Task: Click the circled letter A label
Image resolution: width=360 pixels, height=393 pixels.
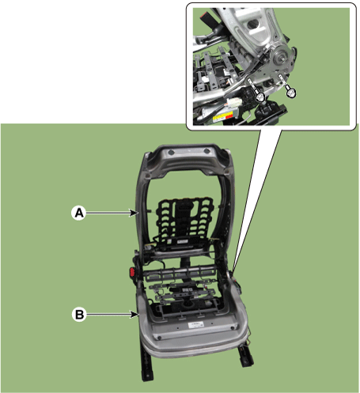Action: pyautogui.click(x=78, y=213)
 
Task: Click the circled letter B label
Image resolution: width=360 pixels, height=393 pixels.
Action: pyautogui.click(x=79, y=315)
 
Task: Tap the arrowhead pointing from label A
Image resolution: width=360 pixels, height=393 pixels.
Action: pyautogui.click(x=134, y=213)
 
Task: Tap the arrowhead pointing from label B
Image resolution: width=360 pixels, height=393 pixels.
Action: pyautogui.click(x=135, y=314)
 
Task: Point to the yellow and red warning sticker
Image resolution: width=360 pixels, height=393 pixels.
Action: pyautogui.click(x=223, y=116)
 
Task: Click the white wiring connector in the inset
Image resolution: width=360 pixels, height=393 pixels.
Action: pyautogui.click(x=235, y=102)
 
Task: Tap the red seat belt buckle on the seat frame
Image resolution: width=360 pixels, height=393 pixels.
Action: pyautogui.click(x=132, y=272)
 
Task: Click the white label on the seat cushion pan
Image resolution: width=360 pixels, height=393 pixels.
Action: pyautogui.click(x=196, y=324)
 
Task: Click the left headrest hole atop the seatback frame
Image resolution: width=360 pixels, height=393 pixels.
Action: pyautogui.click(x=171, y=152)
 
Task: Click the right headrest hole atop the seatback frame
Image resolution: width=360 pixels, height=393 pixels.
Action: pyautogui.click(x=207, y=151)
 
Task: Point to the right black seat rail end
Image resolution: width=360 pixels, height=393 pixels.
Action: pyautogui.click(x=245, y=356)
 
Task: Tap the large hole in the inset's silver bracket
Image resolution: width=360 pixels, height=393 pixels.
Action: pyautogui.click(x=251, y=25)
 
